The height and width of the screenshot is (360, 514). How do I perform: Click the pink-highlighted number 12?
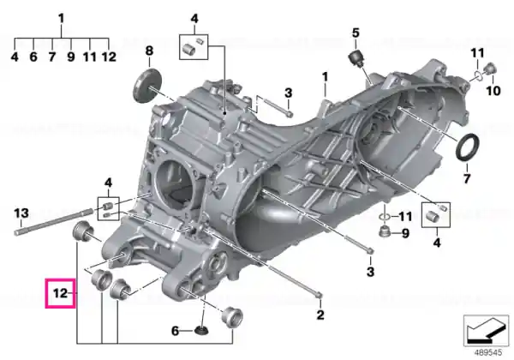[x=60, y=293]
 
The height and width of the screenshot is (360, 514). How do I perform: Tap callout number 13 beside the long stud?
[x=21, y=213]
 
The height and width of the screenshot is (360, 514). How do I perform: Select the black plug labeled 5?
[x=356, y=59]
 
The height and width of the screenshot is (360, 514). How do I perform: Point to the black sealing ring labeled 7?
[x=467, y=147]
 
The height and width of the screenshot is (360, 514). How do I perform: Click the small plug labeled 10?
[x=490, y=69]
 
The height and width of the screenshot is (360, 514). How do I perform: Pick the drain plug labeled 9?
[x=385, y=231]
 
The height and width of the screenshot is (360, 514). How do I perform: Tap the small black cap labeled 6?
[x=201, y=331]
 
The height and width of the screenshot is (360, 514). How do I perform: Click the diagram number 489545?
[x=488, y=352]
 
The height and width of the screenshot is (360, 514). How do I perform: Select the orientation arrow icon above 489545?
[x=486, y=331]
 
